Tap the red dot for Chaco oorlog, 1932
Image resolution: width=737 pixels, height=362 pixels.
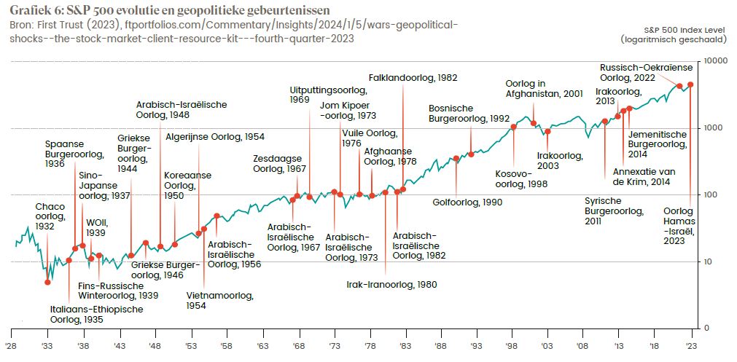tap(47, 282)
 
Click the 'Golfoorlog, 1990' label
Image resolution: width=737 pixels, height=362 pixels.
tap(467, 202)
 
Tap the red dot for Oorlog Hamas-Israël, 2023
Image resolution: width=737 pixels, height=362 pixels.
tap(690, 84)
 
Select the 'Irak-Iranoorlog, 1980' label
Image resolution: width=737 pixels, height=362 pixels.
tap(391, 285)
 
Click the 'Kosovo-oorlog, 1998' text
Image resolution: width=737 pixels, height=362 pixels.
tap(521, 179)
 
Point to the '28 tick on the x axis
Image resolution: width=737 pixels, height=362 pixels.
tap(11, 347)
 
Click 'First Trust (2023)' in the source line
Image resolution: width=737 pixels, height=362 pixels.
tap(66, 25)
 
